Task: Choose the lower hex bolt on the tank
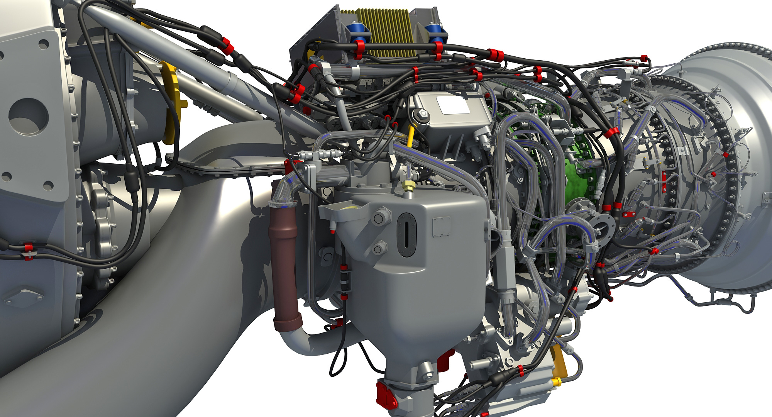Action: click(379, 247)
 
